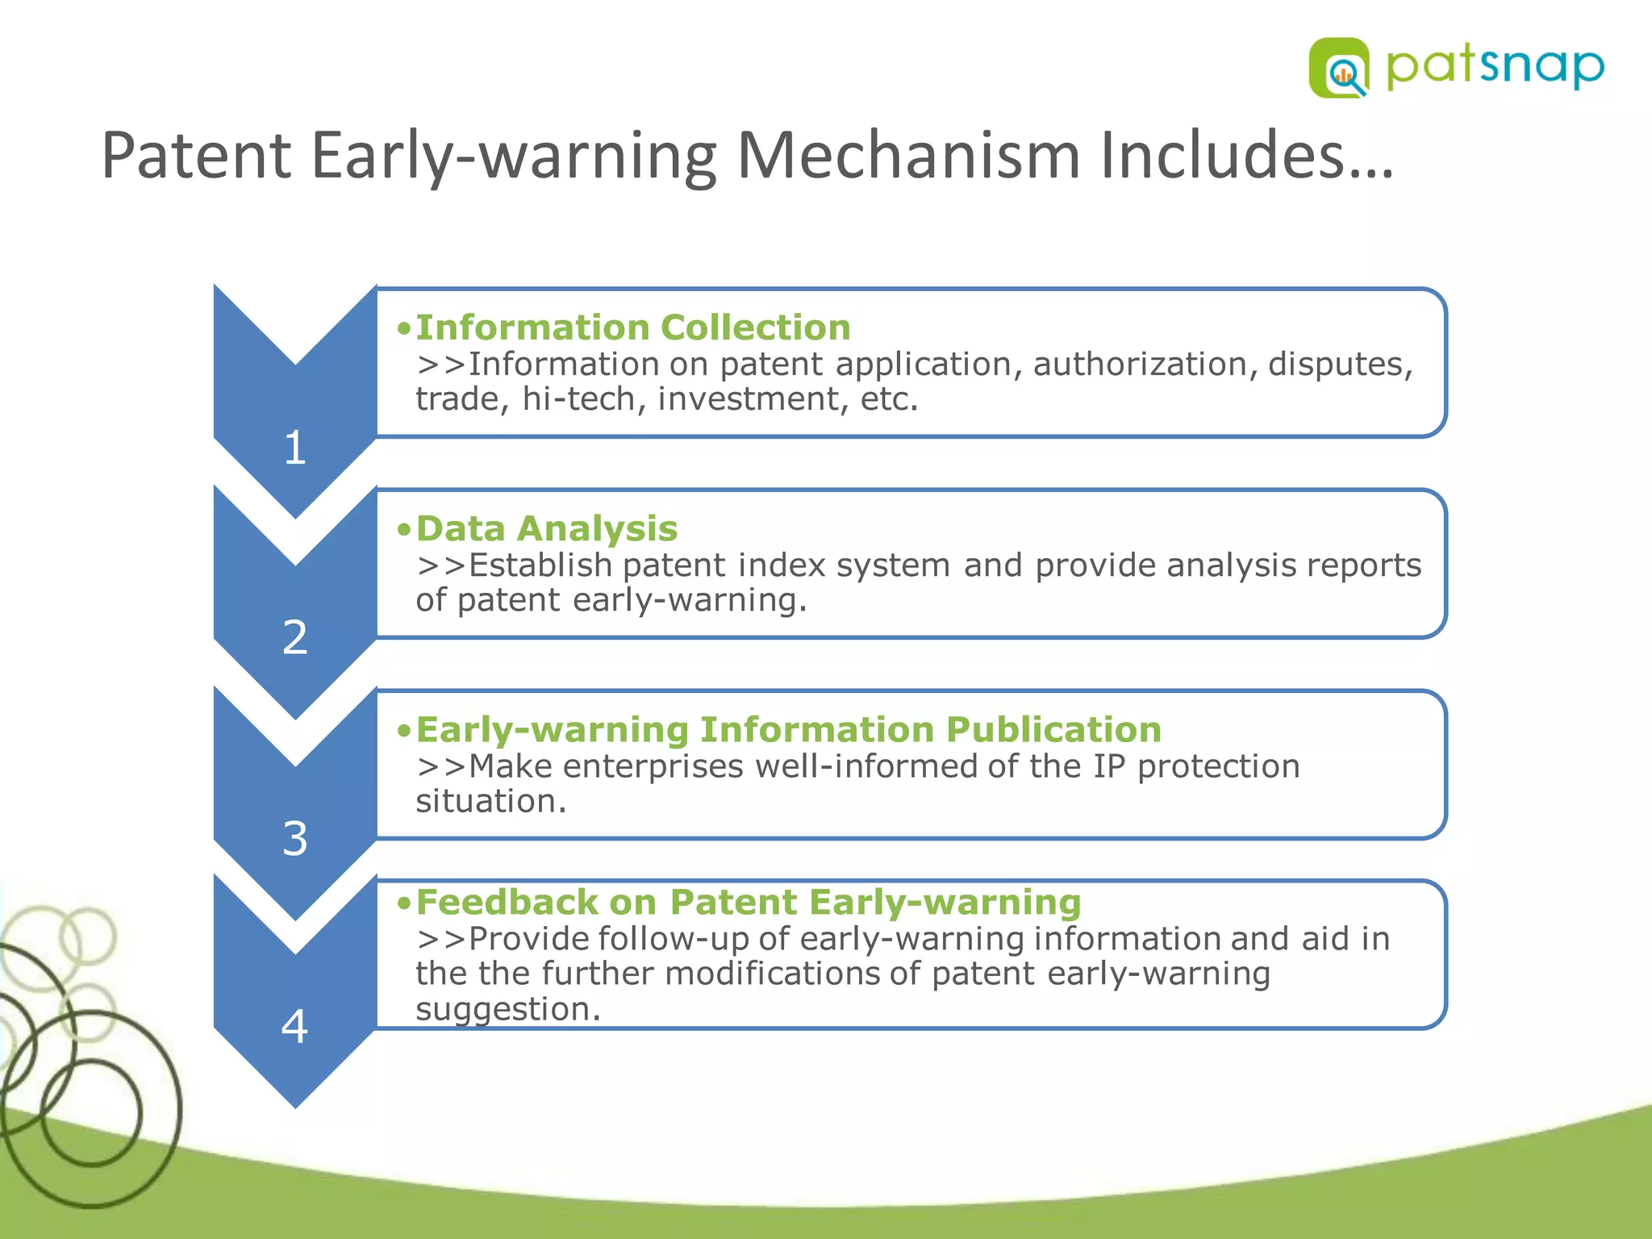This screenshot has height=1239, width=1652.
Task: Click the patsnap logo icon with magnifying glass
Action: tap(1339, 69)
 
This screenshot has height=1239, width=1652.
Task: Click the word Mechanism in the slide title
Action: tap(908, 155)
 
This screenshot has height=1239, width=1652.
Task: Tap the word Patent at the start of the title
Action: tap(196, 155)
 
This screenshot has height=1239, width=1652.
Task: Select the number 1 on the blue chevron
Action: tap(295, 448)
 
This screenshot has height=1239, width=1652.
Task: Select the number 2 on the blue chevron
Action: tap(295, 637)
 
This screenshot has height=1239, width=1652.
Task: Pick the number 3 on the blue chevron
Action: tap(295, 839)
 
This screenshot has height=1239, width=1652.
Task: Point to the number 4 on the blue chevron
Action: tap(295, 1027)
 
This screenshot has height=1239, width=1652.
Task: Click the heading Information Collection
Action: tap(633, 327)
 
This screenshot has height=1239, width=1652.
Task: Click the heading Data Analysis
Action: tap(547, 528)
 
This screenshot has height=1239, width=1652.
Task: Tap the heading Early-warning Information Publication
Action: tap(788, 729)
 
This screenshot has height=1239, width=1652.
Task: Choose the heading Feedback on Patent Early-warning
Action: tap(748, 902)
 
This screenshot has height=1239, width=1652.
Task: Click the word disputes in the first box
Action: tap(1340, 365)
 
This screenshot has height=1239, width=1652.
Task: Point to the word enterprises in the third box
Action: tap(653, 766)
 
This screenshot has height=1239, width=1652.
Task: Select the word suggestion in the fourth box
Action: tap(507, 1009)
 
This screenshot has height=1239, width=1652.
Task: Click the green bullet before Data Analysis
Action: tap(404, 530)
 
